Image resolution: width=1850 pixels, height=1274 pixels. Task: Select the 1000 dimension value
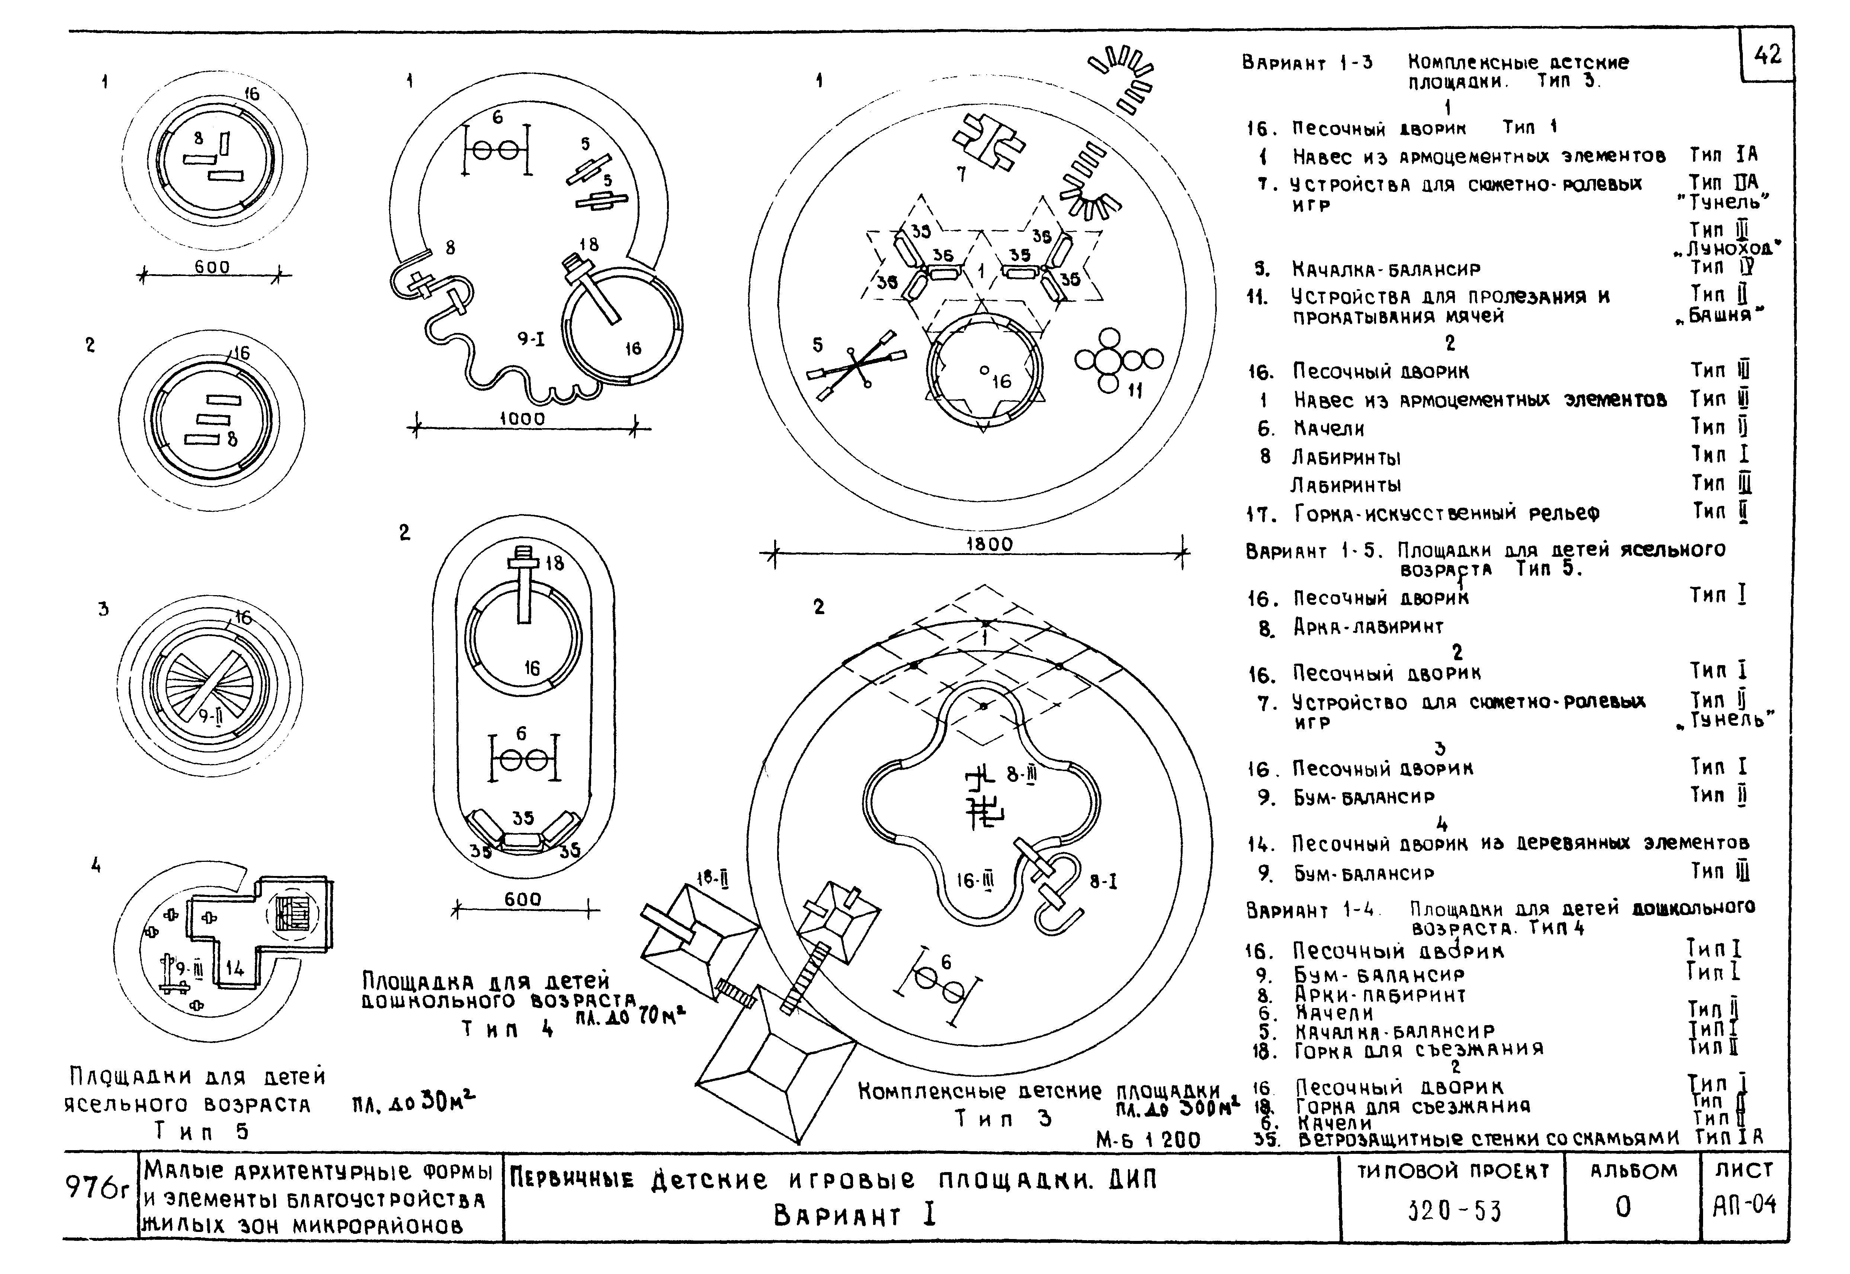pyautogui.click(x=522, y=418)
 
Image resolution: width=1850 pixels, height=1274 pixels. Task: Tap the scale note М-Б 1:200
pyautogui.click(x=1148, y=1140)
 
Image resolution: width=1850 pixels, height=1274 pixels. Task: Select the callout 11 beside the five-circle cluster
pyautogui.click(x=1134, y=390)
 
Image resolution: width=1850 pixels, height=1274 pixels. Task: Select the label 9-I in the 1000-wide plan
pyautogui.click(x=531, y=339)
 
